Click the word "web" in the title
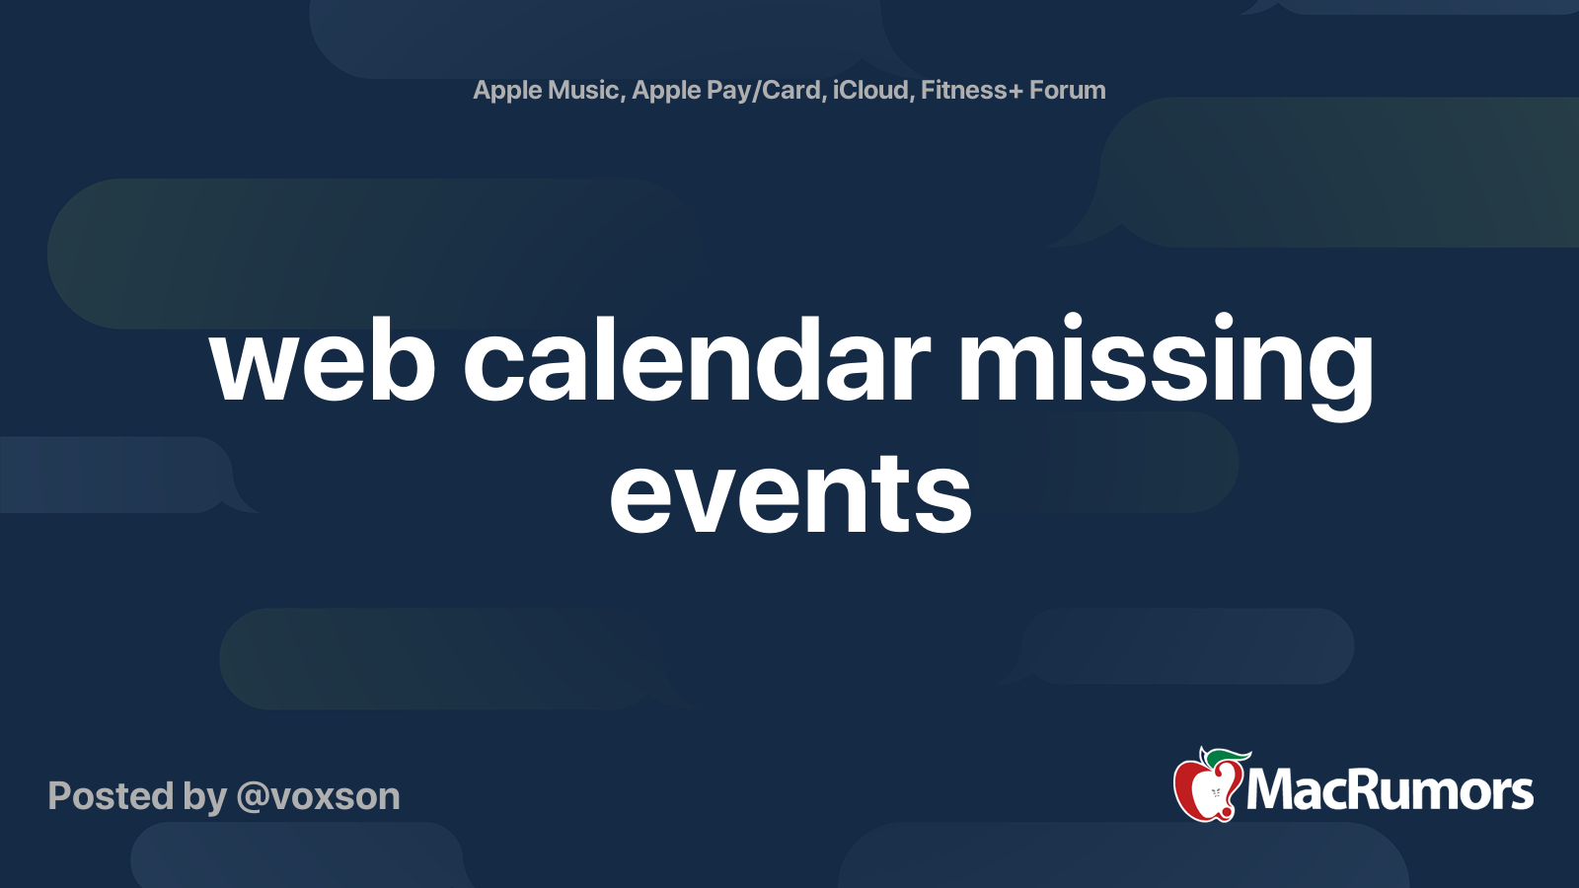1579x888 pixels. [x=323, y=360]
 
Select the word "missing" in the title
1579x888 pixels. [x=1165, y=366]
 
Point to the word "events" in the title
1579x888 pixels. [x=790, y=493]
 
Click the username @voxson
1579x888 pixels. [x=319, y=796]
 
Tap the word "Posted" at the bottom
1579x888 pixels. [x=112, y=795]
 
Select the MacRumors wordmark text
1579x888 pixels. [x=1390, y=790]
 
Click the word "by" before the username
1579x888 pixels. [x=205, y=798]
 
